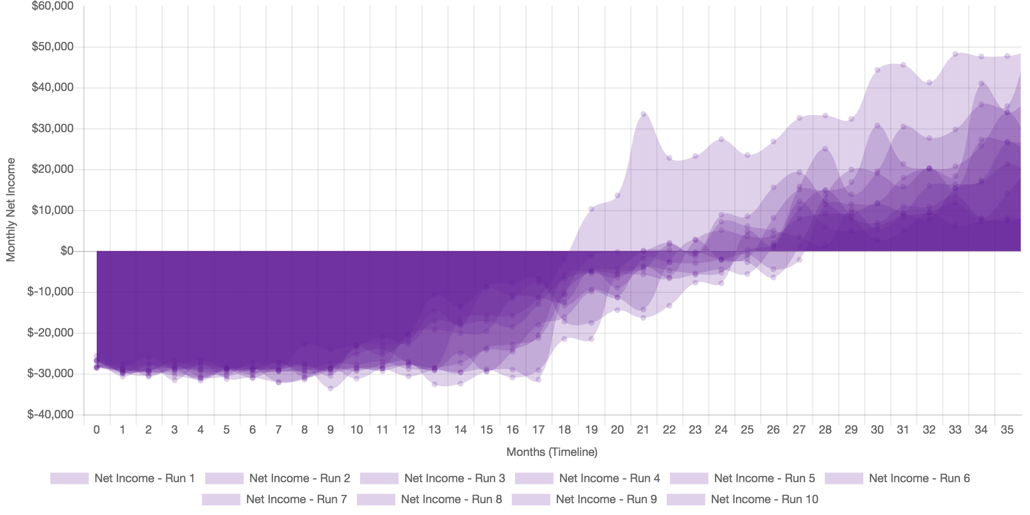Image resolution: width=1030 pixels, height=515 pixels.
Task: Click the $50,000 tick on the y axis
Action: click(52, 46)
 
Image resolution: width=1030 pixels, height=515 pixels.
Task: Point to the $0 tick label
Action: click(67, 251)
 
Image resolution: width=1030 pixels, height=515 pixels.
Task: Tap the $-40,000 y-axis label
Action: click(50, 414)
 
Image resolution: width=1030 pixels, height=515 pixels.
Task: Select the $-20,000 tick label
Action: click(50, 333)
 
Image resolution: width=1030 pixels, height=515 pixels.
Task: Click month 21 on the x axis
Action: click(643, 430)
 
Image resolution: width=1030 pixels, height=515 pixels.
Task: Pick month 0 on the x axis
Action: click(96, 430)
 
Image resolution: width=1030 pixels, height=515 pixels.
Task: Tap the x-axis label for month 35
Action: click(1007, 430)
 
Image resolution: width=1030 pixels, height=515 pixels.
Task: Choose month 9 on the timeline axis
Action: click(330, 430)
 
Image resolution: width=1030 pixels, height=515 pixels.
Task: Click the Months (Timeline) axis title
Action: click(552, 452)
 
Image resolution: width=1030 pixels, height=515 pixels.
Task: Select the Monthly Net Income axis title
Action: click(11, 210)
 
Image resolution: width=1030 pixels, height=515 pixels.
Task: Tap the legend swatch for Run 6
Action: click(844, 478)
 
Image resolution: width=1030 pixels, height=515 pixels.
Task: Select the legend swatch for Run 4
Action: click(534, 478)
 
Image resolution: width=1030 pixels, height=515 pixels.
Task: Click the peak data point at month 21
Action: click(643, 114)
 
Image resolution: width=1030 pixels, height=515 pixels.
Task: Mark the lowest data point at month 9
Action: click(330, 389)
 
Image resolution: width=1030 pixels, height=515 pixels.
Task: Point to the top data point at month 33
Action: click(955, 54)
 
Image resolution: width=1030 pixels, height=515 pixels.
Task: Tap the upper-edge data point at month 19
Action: click(591, 208)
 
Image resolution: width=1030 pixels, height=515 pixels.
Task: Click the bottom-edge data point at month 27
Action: click(799, 260)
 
